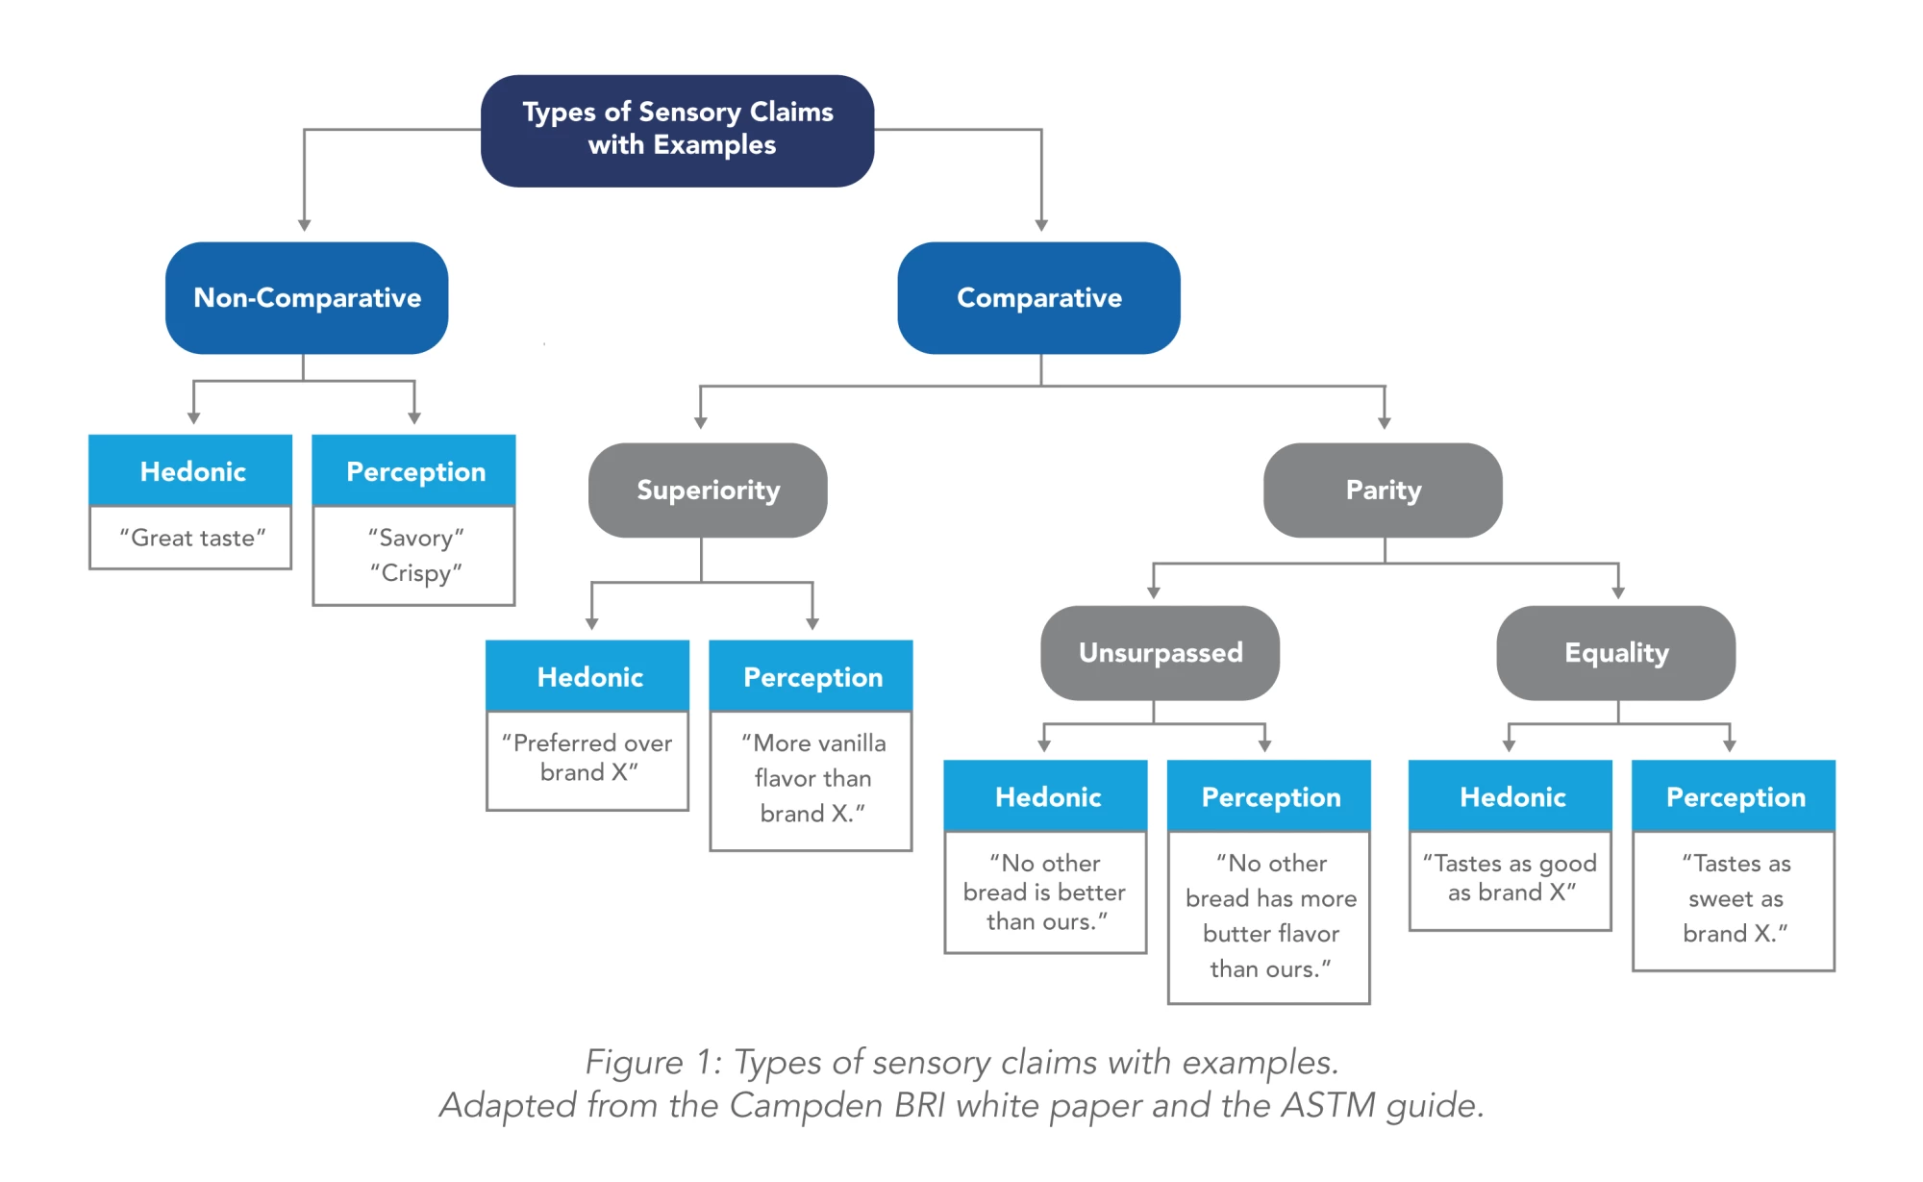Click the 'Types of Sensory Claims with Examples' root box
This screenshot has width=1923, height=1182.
click(677, 130)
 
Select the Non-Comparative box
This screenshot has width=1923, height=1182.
click(307, 298)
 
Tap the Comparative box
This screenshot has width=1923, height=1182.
click(1038, 298)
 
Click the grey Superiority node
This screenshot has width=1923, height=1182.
click(708, 490)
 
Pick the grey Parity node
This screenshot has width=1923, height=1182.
click(1383, 490)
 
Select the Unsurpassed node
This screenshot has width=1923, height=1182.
click(1160, 653)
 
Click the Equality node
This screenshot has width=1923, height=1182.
click(1615, 653)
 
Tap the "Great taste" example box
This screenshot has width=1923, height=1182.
click(191, 538)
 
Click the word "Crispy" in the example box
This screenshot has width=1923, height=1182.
click(415, 573)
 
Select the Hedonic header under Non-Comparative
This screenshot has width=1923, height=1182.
click(191, 471)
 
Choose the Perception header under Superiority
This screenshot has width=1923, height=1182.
click(812, 677)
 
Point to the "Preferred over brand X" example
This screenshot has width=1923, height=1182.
click(587, 758)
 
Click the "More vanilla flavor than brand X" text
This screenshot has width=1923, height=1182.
click(812, 778)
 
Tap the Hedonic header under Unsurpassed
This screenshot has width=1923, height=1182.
click(1046, 797)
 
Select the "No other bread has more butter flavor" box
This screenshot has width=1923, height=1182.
click(1269, 916)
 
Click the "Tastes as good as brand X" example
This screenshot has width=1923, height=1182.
click(1510, 878)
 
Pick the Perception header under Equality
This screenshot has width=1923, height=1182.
click(1735, 797)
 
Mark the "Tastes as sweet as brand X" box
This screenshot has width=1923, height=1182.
click(1735, 898)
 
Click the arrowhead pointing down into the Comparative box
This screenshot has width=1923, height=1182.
click(1041, 225)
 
